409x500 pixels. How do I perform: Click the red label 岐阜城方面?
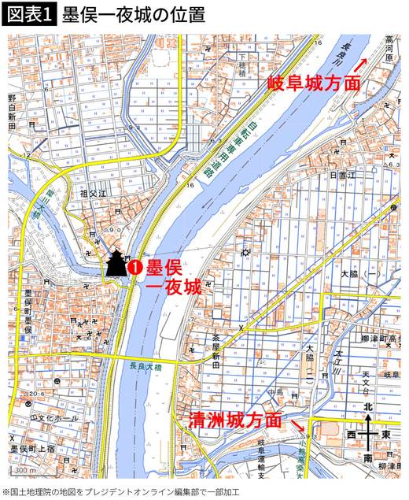coord(314,82)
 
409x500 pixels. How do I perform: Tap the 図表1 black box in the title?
coord(29,14)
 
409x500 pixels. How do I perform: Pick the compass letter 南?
coord(368,457)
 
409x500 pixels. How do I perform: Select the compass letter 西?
coord(352,434)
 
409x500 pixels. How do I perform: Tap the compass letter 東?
coord(385,434)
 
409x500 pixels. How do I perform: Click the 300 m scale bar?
coord(24,470)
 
